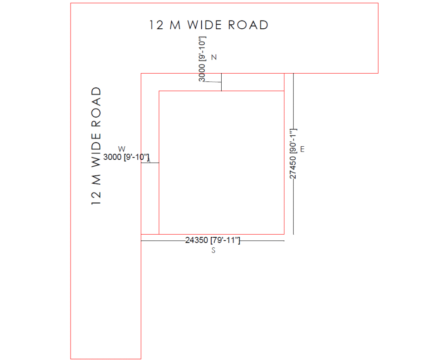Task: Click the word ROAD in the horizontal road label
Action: pos(248,25)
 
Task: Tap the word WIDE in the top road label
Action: pos(205,25)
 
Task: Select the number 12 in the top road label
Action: pos(157,25)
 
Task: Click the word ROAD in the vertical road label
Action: pos(96,107)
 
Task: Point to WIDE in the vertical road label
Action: pos(96,150)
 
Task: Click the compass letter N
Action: pos(214,57)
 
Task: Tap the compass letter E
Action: pos(302,149)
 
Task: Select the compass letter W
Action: pos(122,149)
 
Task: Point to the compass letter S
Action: pos(213,250)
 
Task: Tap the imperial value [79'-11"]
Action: pos(225,240)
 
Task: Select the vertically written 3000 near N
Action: pos(201,73)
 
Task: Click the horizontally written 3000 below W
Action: pos(112,157)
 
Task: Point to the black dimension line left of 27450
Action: pos(294,154)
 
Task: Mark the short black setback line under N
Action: pos(222,82)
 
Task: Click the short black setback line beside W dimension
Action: pos(150,163)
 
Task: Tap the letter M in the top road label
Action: pos(175,25)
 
